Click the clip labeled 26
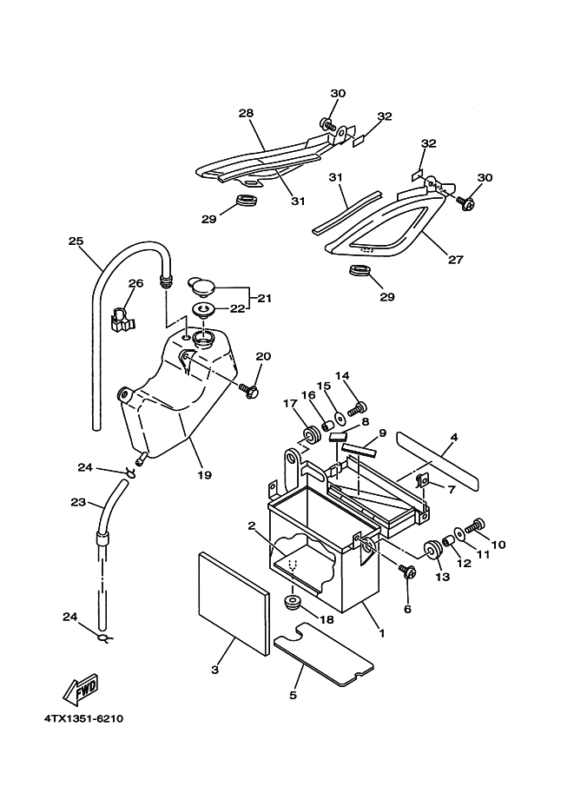pos(122,321)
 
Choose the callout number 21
pos(264,298)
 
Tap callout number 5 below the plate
pos(293,695)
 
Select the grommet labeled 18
pos(293,601)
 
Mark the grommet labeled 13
pos(432,548)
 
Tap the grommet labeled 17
pos(309,432)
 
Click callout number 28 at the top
pos(246,114)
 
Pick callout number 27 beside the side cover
pos(456,258)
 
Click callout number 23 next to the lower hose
pos(77,502)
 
